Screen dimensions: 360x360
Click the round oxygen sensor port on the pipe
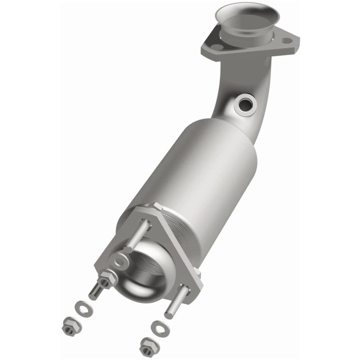pyautogui.click(x=245, y=104)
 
